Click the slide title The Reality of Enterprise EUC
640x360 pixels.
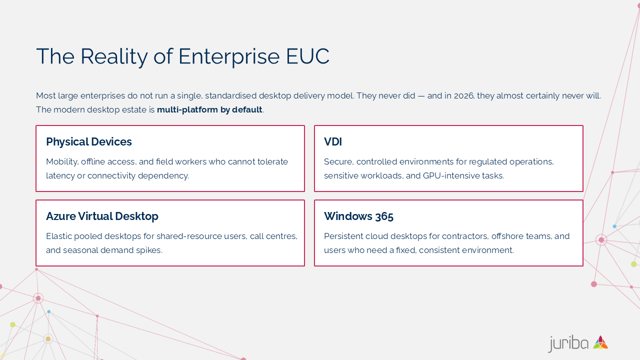[182, 56]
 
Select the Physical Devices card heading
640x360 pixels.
[89, 142]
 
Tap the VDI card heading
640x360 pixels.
[333, 142]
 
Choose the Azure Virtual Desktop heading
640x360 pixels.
[102, 216]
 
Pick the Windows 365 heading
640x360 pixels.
[358, 216]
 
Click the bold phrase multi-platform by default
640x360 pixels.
[209, 109]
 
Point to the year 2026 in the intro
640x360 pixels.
[463, 95]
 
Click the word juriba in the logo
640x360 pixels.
[568, 343]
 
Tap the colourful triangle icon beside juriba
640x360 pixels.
[600, 342]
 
